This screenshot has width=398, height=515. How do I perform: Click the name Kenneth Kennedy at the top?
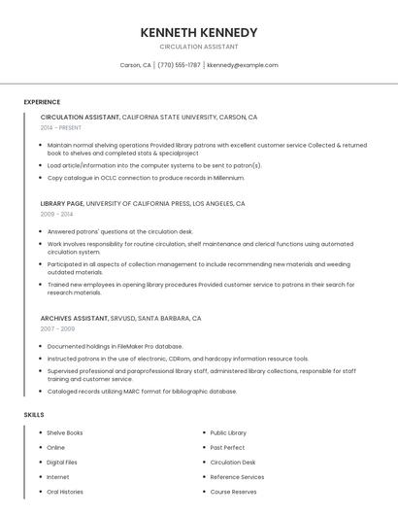(x=198, y=32)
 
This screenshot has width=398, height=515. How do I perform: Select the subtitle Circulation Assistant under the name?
(x=198, y=47)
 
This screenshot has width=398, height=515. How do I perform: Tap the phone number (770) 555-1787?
(x=179, y=65)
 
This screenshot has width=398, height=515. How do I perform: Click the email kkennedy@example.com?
(x=243, y=65)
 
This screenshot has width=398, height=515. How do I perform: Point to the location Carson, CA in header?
(x=135, y=65)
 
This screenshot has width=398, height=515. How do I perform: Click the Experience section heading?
(x=42, y=102)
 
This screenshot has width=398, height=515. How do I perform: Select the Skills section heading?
(x=34, y=415)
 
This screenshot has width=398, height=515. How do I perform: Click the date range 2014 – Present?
(x=62, y=127)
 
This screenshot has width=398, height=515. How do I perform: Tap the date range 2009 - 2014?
(x=56, y=214)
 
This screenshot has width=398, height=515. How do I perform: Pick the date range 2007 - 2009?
(x=57, y=328)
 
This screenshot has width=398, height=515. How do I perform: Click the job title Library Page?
(x=62, y=204)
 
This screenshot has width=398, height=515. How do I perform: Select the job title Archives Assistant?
(x=74, y=319)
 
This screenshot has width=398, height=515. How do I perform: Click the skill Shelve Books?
(x=65, y=432)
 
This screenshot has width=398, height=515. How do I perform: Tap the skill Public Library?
(x=228, y=432)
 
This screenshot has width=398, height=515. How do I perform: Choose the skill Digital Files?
(x=62, y=463)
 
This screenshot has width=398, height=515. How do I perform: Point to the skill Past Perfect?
(x=226, y=447)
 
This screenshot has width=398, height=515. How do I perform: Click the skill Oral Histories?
(x=65, y=492)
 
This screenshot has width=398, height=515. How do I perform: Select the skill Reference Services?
(x=237, y=477)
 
